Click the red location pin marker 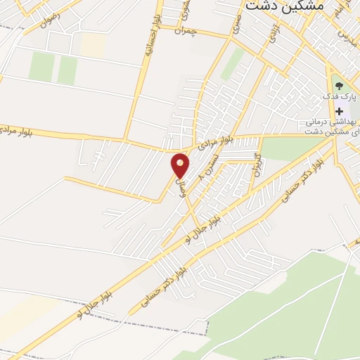(181, 165)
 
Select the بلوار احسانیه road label (148, 42)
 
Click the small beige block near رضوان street (92, 44)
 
